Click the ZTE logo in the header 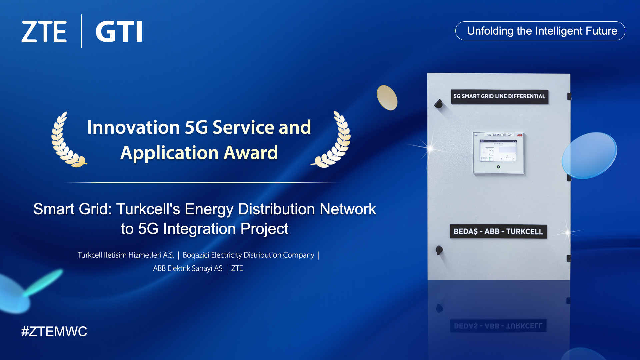[44, 32]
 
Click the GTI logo [119, 32]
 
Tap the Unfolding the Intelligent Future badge [540, 31]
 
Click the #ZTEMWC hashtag [54, 331]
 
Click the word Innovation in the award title [133, 127]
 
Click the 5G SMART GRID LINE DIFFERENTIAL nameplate [499, 96]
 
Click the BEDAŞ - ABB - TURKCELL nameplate [498, 231]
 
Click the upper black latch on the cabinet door [439, 104]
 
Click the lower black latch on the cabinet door [439, 250]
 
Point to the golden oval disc [387, 98]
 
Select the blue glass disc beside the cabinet [589, 155]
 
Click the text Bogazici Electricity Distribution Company [248, 255]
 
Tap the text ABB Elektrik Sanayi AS [187, 268]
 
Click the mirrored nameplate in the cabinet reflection [498, 326]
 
